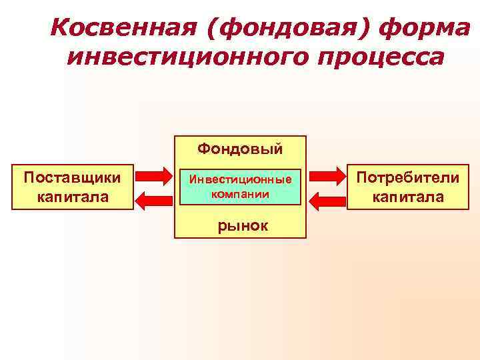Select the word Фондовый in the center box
point(240,147)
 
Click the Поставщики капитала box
point(71,187)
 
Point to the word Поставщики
point(71,178)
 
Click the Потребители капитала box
point(408,187)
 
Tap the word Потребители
point(408,178)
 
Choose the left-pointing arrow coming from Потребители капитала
point(326,199)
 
